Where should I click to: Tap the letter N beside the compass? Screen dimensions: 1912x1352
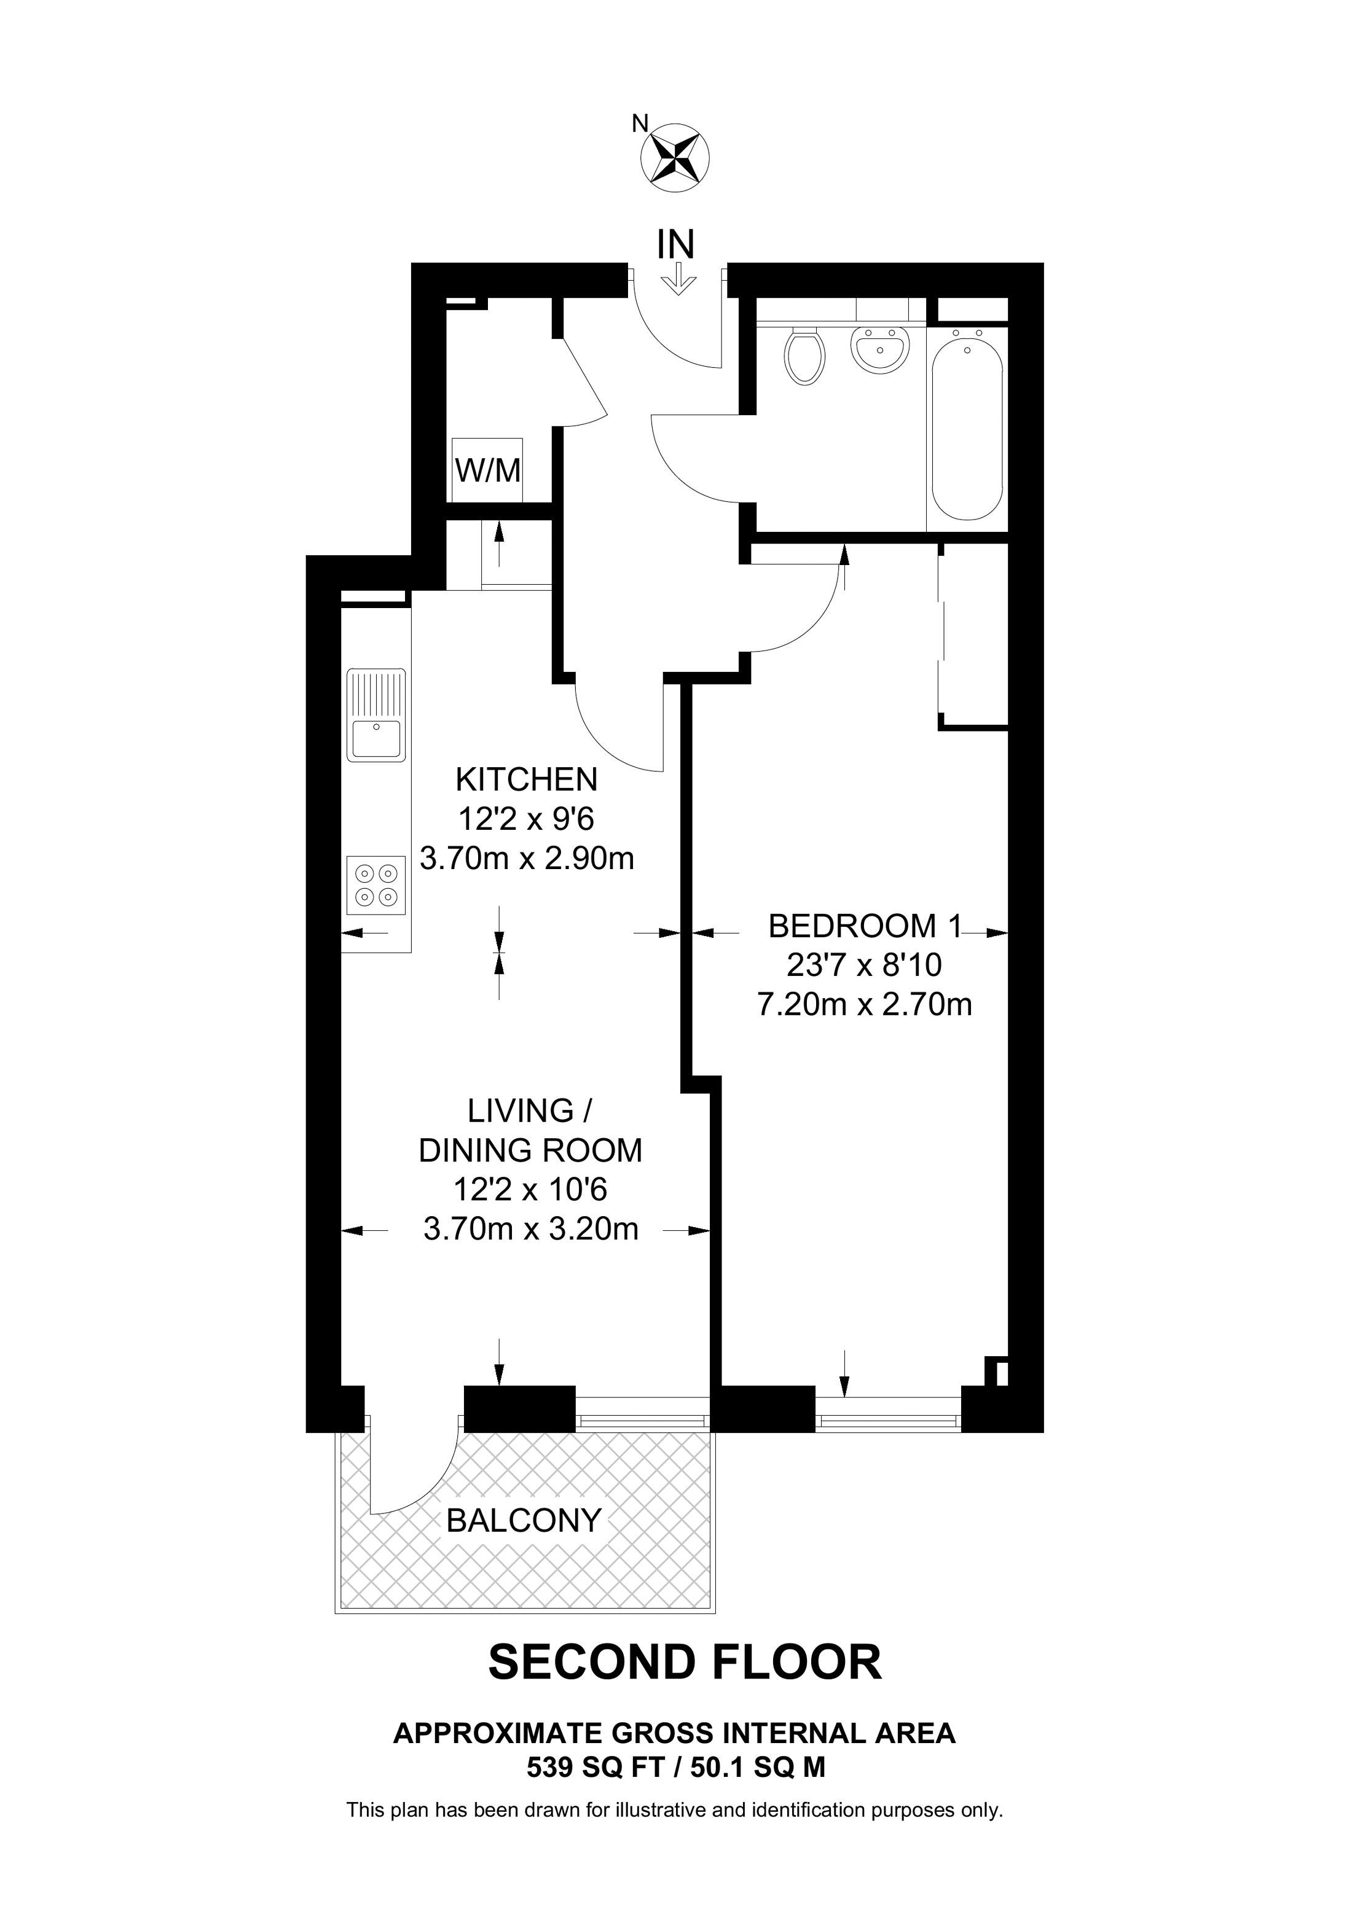pyautogui.click(x=639, y=123)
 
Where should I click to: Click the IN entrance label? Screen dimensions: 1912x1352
pyautogui.click(x=675, y=244)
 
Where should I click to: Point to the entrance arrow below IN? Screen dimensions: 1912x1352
pyautogui.click(x=679, y=278)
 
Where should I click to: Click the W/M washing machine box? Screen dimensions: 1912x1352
pyautogui.click(x=487, y=470)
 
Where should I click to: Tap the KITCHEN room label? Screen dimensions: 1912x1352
pyautogui.click(x=527, y=779)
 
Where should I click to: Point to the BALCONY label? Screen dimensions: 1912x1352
pyautogui.click(x=523, y=1521)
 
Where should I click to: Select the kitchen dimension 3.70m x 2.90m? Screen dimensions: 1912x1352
pyautogui.click(x=527, y=859)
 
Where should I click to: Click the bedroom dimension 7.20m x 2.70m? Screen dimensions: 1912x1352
pyautogui.click(x=864, y=1005)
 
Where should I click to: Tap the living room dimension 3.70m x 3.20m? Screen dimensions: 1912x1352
pyautogui.click(x=530, y=1229)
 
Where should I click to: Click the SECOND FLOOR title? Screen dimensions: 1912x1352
pyautogui.click(x=684, y=1663)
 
